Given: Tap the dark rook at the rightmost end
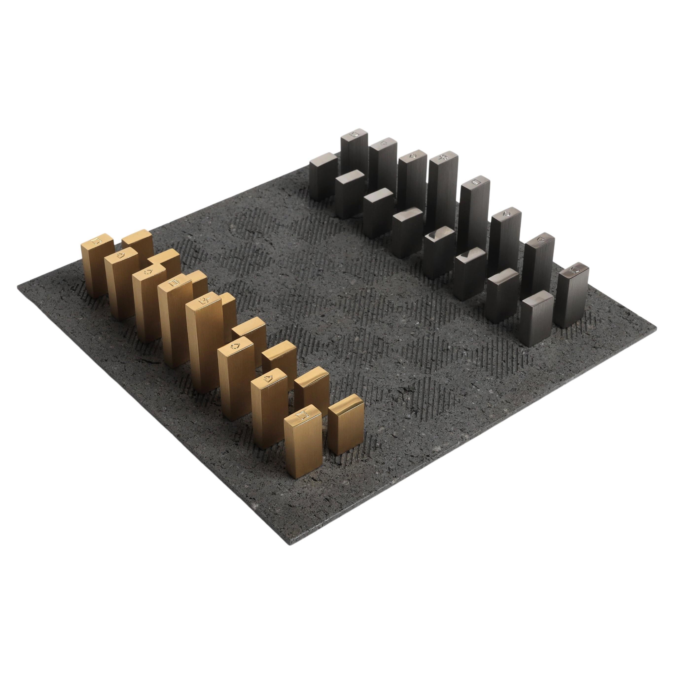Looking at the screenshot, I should (572, 297).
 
